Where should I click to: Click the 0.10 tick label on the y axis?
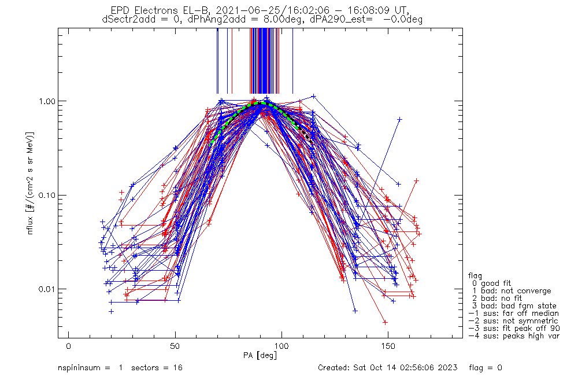[46, 195]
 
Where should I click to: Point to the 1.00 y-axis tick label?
[46, 101]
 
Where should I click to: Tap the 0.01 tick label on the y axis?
[46, 289]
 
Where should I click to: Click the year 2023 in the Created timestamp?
[449, 368]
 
